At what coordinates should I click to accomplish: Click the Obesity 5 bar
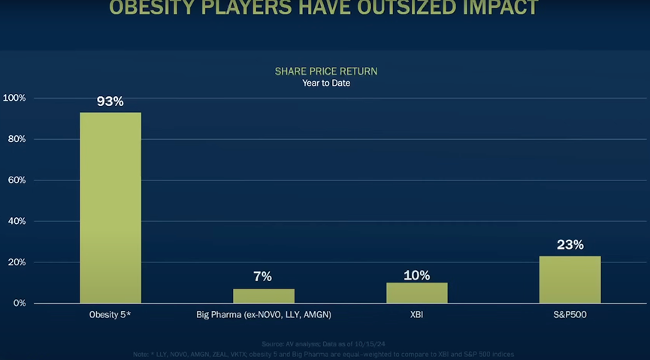pos(110,207)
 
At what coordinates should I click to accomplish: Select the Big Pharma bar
pos(263,295)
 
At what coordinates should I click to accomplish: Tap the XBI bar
pos(416,292)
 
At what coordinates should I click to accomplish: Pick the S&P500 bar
pos(570,280)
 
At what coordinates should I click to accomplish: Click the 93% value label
pos(110,101)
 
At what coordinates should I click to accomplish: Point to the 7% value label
pos(262,277)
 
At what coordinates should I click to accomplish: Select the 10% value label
pos(416,275)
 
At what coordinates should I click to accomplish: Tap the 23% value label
pos(570,244)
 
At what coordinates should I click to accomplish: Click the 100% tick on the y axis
pos(14,98)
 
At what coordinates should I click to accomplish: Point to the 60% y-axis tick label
pos(17,180)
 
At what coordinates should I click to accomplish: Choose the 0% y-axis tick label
pos(19,303)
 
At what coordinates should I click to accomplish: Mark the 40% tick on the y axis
pos(17,222)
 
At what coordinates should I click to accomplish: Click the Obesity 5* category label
pos(110,315)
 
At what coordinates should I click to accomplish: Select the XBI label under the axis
pos(416,315)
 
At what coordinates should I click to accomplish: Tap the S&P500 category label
pos(570,315)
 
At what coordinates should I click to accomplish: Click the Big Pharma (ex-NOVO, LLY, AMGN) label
pos(263,315)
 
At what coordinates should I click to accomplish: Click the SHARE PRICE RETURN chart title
pos(325,71)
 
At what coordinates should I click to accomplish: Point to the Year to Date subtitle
pos(326,83)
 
